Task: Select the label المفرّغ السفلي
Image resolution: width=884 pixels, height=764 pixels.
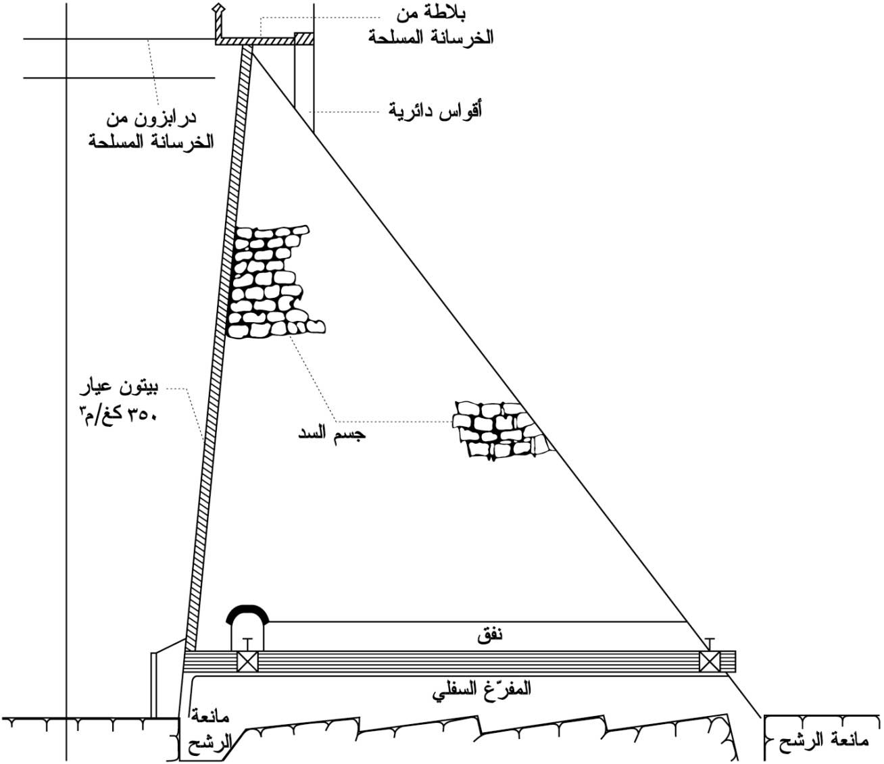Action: [x=483, y=689]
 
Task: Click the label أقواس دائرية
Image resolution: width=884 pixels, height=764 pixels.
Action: [x=435, y=111]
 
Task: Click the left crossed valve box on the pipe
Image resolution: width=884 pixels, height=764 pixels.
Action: [x=247, y=662]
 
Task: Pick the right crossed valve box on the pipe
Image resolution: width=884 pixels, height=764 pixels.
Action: [x=710, y=662]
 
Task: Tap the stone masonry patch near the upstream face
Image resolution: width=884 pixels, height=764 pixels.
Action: [x=274, y=282]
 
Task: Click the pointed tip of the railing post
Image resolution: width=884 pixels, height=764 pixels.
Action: [x=218, y=5]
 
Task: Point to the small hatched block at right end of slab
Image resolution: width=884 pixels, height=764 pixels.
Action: [x=304, y=39]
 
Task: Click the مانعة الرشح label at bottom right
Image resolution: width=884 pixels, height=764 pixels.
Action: [x=824, y=740]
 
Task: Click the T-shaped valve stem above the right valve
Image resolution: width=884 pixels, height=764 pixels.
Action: [x=710, y=644]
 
